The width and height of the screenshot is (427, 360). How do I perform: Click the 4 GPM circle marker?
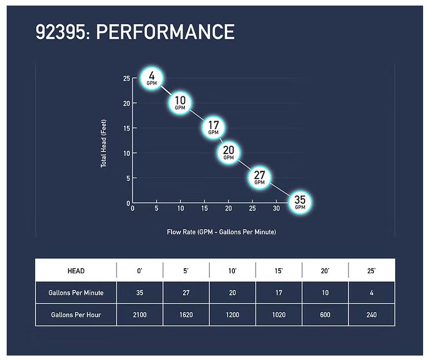point(152,77)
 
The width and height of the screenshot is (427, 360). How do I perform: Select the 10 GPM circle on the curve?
point(180,102)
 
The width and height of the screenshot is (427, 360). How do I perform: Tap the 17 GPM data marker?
point(213,127)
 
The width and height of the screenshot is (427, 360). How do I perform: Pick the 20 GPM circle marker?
point(228,152)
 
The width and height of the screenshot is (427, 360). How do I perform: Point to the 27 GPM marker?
point(259,177)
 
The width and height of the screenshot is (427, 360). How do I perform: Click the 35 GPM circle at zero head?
point(300,202)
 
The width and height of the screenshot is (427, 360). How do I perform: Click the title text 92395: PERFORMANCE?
point(135,33)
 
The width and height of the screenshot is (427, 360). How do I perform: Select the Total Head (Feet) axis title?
point(104,141)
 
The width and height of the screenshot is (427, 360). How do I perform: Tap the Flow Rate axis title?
point(221,232)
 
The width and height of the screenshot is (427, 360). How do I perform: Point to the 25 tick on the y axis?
point(126,78)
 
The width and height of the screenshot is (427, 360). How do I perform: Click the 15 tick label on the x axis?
point(204,209)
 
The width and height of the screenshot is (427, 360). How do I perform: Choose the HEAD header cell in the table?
point(76,271)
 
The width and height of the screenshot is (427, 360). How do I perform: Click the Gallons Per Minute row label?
point(76,293)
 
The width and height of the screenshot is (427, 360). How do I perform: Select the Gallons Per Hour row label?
point(76,315)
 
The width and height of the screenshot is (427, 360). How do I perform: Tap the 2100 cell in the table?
point(140,315)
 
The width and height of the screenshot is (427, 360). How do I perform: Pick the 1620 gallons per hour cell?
point(186,315)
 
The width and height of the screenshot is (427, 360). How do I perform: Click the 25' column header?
point(371,271)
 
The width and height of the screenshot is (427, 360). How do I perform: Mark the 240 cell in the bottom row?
point(371,315)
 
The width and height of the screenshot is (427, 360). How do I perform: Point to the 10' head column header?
point(232,271)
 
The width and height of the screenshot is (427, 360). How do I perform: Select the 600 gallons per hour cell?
point(325,315)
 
